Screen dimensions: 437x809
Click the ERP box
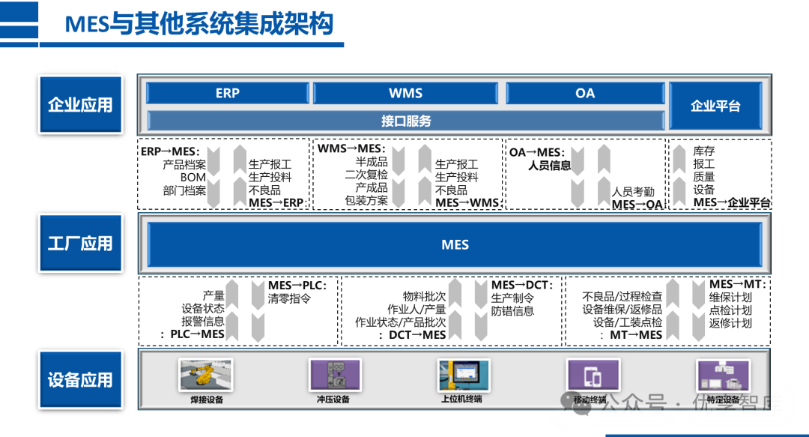[x=227, y=93]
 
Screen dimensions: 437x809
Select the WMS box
[x=405, y=93]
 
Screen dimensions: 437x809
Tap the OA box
[x=585, y=93]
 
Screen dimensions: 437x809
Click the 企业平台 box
[x=715, y=106]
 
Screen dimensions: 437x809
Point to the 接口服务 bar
[x=405, y=120]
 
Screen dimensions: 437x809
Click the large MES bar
[x=455, y=244]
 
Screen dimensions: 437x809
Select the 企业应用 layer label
[x=80, y=105]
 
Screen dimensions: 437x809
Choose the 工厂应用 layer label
[x=80, y=243]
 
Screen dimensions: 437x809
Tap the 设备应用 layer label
[x=80, y=379]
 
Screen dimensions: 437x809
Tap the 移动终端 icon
[x=593, y=374]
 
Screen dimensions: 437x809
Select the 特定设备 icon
[x=723, y=374]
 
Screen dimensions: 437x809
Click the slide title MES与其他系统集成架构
[x=199, y=24]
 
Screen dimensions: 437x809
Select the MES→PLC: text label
[x=297, y=286]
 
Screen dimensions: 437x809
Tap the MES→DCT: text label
[x=522, y=286]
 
